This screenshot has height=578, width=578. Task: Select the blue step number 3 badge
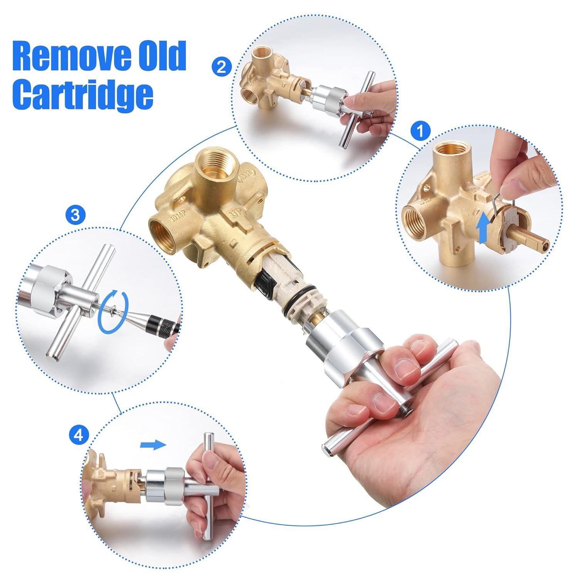tap(76, 215)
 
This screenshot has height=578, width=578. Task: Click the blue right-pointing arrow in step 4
tap(153, 445)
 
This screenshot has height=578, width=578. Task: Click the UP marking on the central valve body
tap(234, 212)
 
